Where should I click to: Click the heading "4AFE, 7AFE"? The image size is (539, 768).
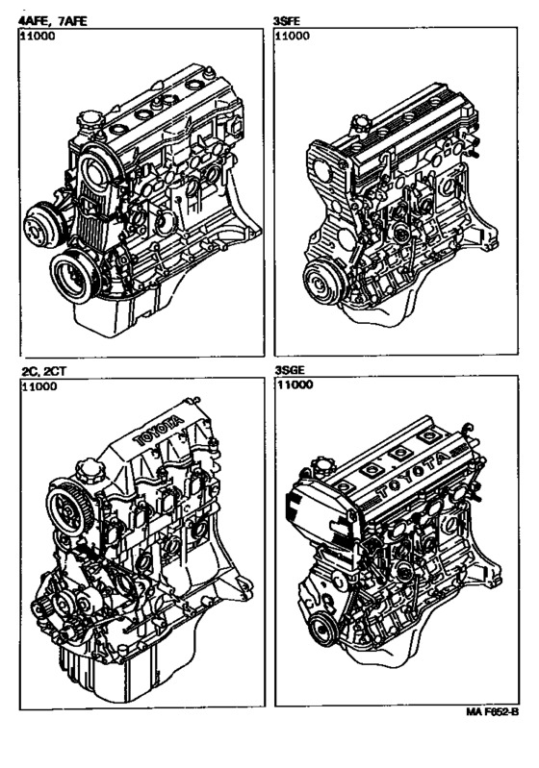(x=52, y=21)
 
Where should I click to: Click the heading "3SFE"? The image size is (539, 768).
(x=287, y=21)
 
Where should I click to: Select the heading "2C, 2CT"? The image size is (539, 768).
(x=43, y=371)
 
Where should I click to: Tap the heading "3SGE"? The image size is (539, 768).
(x=289, y=369)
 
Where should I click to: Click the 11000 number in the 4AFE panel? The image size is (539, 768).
(x=38, y=36)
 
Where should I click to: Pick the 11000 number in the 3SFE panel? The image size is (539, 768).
(x=293, y=36)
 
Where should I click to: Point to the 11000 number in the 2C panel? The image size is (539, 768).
(x=38, y=386)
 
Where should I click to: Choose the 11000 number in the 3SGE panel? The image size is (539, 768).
(x=295, y=384)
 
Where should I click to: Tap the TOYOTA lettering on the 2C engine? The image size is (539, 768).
(x=159, y=430)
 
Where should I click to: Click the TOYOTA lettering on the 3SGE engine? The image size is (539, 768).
(x=415, y=474)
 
